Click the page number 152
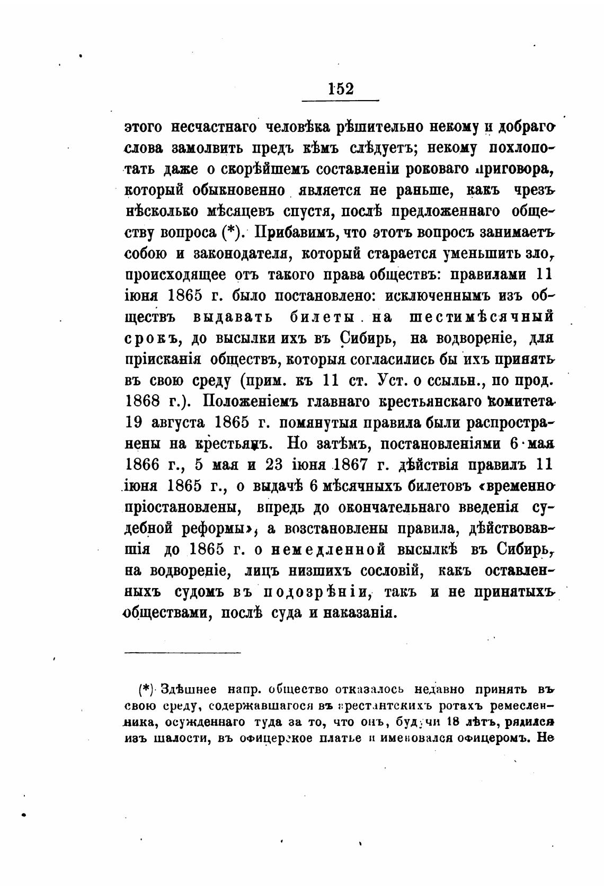[x=340, y=88]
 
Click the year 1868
[x=143, y=401]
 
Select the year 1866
[x=143, y=465]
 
